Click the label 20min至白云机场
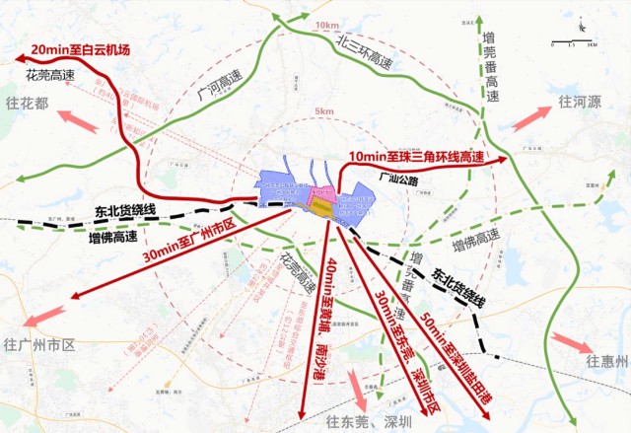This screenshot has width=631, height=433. click(81, 49)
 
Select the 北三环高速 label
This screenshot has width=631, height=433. click(366, 54)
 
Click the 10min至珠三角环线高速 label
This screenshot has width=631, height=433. click(417, 157)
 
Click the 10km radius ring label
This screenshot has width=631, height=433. click(325, 25)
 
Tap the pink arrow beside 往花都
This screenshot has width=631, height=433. click(78, 121)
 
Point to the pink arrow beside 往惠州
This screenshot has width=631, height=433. click(569, 341)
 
